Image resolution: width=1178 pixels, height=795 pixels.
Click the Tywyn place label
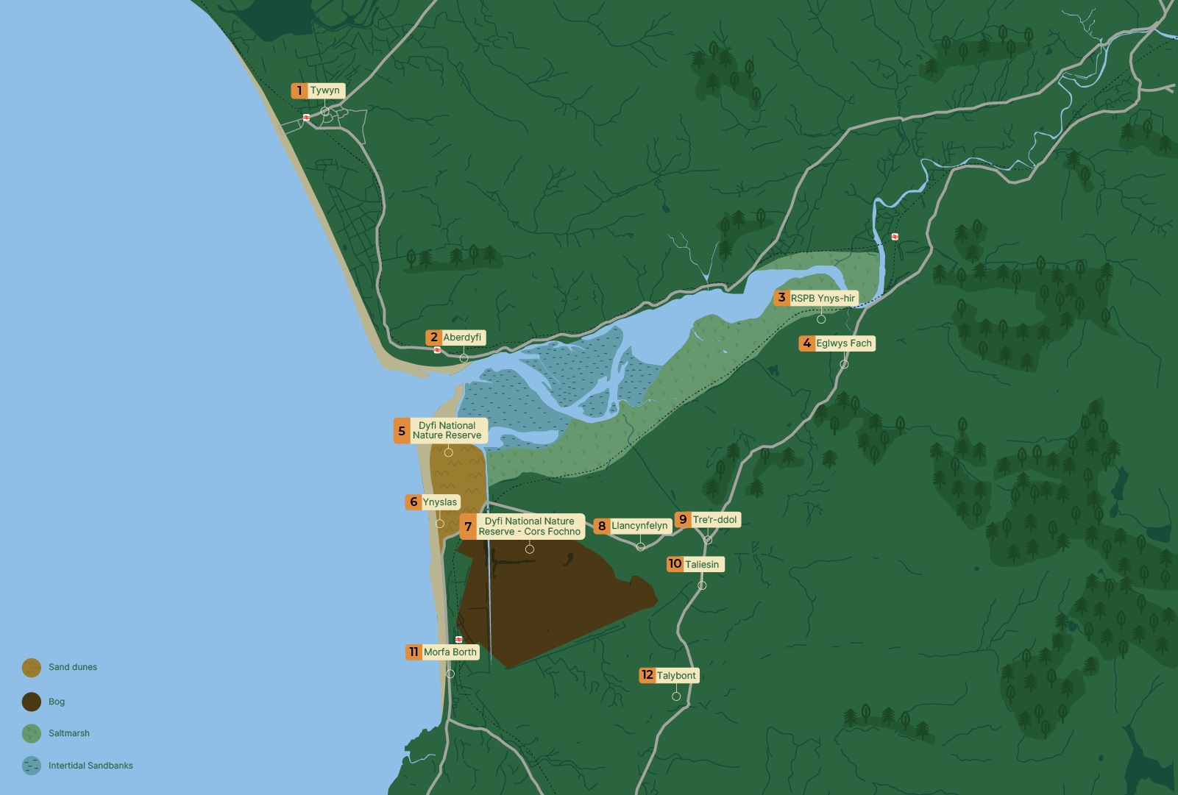(325, 90)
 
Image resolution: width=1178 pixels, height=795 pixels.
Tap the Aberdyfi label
(462, 338)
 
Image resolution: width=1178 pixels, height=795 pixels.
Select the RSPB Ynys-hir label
(823, 299)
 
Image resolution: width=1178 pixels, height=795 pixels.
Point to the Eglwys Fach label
(844, 343)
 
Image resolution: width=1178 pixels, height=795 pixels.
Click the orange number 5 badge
(402, 431)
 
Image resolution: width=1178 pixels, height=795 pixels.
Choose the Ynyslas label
(440, 502)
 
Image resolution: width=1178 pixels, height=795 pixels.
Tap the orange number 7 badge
(468, 527)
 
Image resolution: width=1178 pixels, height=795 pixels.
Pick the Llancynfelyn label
(639, 526)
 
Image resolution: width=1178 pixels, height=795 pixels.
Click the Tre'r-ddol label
(714, 520)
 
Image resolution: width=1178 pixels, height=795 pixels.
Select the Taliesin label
(702, 565)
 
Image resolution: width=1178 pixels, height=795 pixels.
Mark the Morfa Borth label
(450, 652)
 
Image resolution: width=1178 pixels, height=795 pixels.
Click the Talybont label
(676, 676)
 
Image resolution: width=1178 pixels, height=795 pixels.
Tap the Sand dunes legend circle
(32, 668)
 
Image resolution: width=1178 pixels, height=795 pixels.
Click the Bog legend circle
(32, 702)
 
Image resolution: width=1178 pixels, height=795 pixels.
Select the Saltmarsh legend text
(69, 733)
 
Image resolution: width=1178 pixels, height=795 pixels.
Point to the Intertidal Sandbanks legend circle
(32, 766)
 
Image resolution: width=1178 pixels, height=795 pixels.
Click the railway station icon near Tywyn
(306, 117)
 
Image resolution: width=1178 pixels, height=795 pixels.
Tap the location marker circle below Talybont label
(676, 696)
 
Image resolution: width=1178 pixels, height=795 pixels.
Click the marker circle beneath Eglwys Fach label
(844, 364)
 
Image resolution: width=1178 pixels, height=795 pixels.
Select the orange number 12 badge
(647, 675)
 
